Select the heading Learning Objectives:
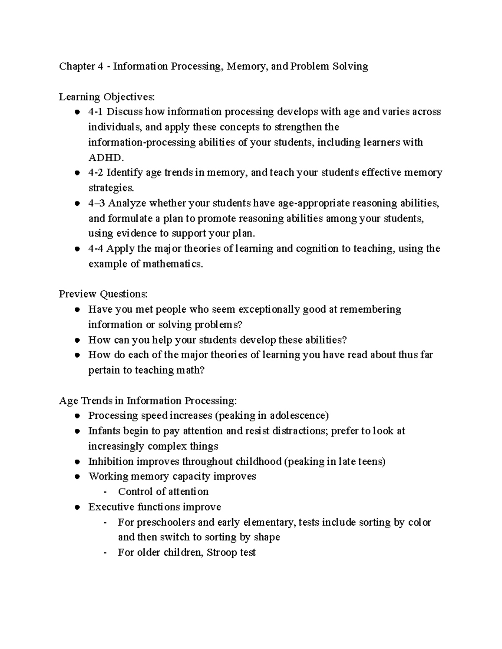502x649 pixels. coord(107,97)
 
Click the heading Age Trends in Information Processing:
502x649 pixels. coord(148,401)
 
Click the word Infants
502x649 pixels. coord(102,431)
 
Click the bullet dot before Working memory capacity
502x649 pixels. coord(77,477)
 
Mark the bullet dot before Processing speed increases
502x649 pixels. coord(77,416)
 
